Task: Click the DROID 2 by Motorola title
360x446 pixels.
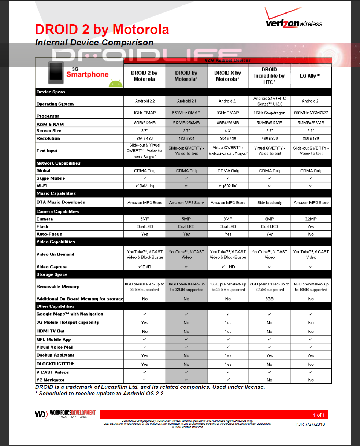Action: (x=102, y=29)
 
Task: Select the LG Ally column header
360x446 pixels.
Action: (x=311, y=76)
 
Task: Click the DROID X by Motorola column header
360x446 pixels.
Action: (x=228, y=76)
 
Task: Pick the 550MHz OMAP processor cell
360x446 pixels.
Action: (x=186, y=113)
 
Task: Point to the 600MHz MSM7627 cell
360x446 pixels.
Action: (x=311, y=113)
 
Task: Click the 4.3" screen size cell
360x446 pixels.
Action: (x=228, y=131)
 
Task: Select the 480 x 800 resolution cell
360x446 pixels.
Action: (x=270, y=139)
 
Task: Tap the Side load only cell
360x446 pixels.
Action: (x=270, y=203)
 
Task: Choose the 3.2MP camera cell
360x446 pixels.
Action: (x=311, y=219)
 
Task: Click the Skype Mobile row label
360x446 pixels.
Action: (x=51, y=178)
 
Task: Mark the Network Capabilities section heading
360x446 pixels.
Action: (x=58, y=163)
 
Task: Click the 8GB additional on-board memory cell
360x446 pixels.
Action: (x=270, y=299)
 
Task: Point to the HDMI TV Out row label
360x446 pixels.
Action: (x=51, y=331)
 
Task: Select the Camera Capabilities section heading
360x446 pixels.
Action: (x=57, y=211)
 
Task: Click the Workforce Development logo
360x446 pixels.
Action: (x=65, y=414)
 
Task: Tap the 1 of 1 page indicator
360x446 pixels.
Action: (x=319, y=415)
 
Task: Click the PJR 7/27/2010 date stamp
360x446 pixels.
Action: (x=310, y=424)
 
